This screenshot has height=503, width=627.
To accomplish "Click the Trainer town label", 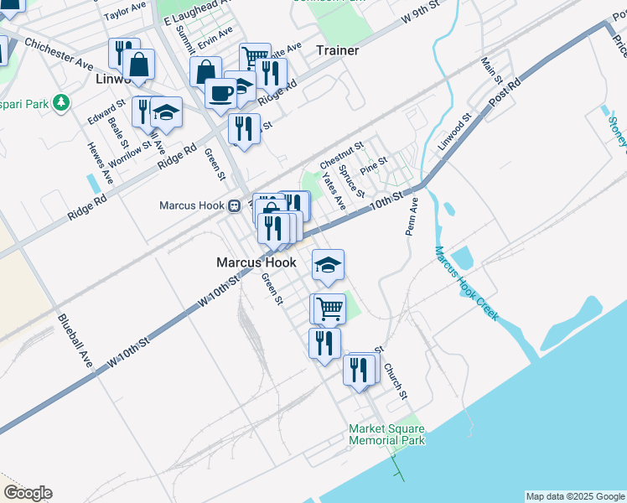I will [337, 51].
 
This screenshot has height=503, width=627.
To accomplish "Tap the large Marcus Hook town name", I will [256, 262].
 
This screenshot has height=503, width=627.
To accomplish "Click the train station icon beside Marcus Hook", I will [236, 206].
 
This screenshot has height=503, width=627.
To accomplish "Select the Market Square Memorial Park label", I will [386, 434].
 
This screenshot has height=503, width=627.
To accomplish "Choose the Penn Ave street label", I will [412, 216].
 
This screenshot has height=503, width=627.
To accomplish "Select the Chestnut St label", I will [340, 154].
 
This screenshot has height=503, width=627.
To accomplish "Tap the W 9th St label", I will [422, 17].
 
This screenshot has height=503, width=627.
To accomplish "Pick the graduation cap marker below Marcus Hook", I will [328, 265].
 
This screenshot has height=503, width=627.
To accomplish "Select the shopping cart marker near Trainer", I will [255, 58].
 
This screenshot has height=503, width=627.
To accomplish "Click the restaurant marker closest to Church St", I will [360, 369].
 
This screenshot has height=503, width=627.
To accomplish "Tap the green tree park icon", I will [61, 102].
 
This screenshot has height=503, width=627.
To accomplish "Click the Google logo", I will [28, 493].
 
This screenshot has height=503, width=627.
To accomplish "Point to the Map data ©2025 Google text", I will [574, 496].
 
